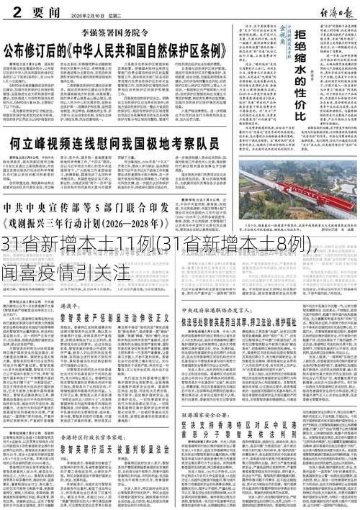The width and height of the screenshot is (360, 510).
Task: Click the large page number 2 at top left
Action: coord(9,10)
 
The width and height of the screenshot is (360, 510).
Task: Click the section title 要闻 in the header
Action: coord(36,10)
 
